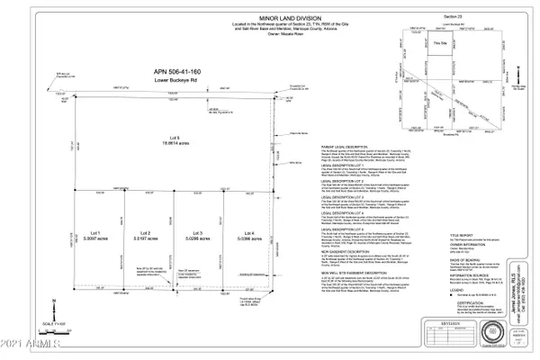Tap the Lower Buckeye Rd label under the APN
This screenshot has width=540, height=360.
[x=166, y=81]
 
